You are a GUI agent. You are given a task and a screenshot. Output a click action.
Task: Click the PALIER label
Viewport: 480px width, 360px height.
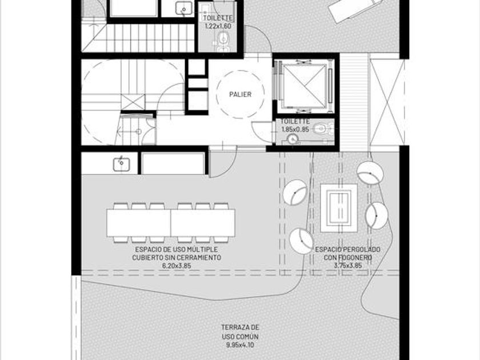coord(241,94)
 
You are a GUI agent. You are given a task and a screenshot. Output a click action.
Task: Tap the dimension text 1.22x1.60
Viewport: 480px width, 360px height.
coord(218,26)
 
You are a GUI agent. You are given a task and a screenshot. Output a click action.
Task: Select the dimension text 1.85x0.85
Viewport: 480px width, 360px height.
coord(295,129)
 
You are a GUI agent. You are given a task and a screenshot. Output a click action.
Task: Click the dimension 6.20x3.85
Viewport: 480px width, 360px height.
coord(177,266)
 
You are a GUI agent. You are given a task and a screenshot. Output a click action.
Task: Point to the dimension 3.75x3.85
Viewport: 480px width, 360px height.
coord(348,265)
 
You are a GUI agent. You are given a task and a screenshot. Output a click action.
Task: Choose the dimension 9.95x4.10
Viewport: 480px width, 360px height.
coord(241,345)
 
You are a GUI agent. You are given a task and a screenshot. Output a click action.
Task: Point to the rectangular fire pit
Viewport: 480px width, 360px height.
coord(338,208)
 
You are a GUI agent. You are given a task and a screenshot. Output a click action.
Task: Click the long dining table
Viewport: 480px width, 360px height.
coord(171,222)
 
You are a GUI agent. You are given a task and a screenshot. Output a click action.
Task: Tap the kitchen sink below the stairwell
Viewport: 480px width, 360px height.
coord(122,164)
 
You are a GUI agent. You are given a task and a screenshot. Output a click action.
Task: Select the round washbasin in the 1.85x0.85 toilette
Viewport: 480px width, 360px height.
coord(293,139)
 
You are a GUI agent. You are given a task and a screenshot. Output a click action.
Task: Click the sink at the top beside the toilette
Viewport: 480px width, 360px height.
coord(183,8)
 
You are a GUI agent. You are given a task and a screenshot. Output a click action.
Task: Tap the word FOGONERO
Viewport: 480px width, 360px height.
coord(348,258)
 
